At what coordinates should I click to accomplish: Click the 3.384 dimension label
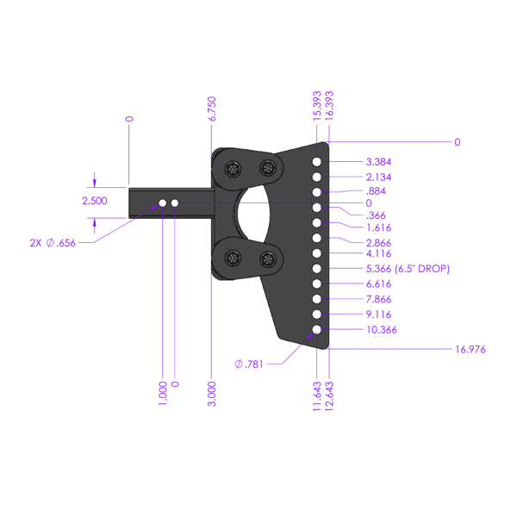tap(380, 161)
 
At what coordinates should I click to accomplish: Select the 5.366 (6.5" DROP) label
tap(408, 269)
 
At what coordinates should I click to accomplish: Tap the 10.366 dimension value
tap(383, 329)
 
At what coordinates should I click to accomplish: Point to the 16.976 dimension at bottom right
tap(470, 349)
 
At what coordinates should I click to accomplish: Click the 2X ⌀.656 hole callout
tap(52, 243)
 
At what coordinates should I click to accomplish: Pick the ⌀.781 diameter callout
tap(250, 364)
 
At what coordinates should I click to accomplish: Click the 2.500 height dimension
tap(95, 201)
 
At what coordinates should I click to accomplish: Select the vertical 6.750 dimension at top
tap(213, 109)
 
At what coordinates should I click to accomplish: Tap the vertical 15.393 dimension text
tap(317, 104)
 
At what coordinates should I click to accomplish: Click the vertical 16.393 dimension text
tap(329, 104)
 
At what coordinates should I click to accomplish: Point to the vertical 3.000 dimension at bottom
tap(213, 394)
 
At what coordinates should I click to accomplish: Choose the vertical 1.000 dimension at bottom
tap(163, 394)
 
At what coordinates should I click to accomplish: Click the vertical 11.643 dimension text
tap(317, 396)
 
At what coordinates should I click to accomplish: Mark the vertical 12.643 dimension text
tap(329, 396)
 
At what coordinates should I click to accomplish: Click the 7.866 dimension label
tap(380, 299)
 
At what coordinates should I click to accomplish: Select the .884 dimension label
tap(376, 190)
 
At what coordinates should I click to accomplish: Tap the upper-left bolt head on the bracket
tap(233, 168)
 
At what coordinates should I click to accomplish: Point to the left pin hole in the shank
tap(162, 203)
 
